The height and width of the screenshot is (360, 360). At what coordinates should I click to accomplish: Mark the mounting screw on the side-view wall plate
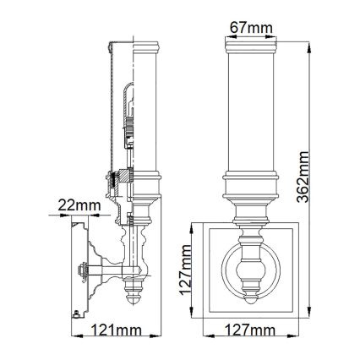82,272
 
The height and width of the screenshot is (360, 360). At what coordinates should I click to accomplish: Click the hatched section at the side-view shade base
121,177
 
